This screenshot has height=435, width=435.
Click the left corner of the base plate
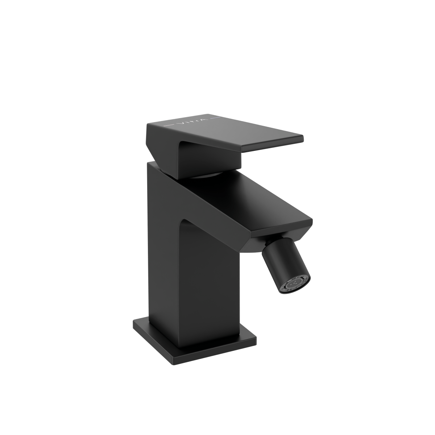(133, 322)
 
